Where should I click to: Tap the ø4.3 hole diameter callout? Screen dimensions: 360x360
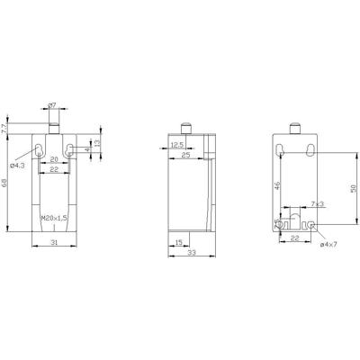pos(15,166)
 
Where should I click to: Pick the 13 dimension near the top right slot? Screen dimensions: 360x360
pos(97,145)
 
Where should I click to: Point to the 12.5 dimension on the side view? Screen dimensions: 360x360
pos(178,144)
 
